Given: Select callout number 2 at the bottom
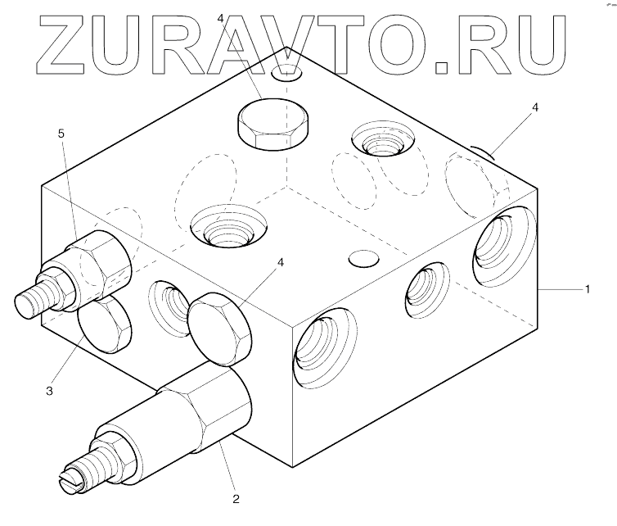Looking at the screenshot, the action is click(236, 497).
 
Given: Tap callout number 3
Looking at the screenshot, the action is click(50, 392).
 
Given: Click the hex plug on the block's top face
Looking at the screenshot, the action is click(272, 125).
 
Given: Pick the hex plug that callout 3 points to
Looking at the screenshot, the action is click(105, 323).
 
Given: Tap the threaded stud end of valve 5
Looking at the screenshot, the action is click(34, 301).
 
